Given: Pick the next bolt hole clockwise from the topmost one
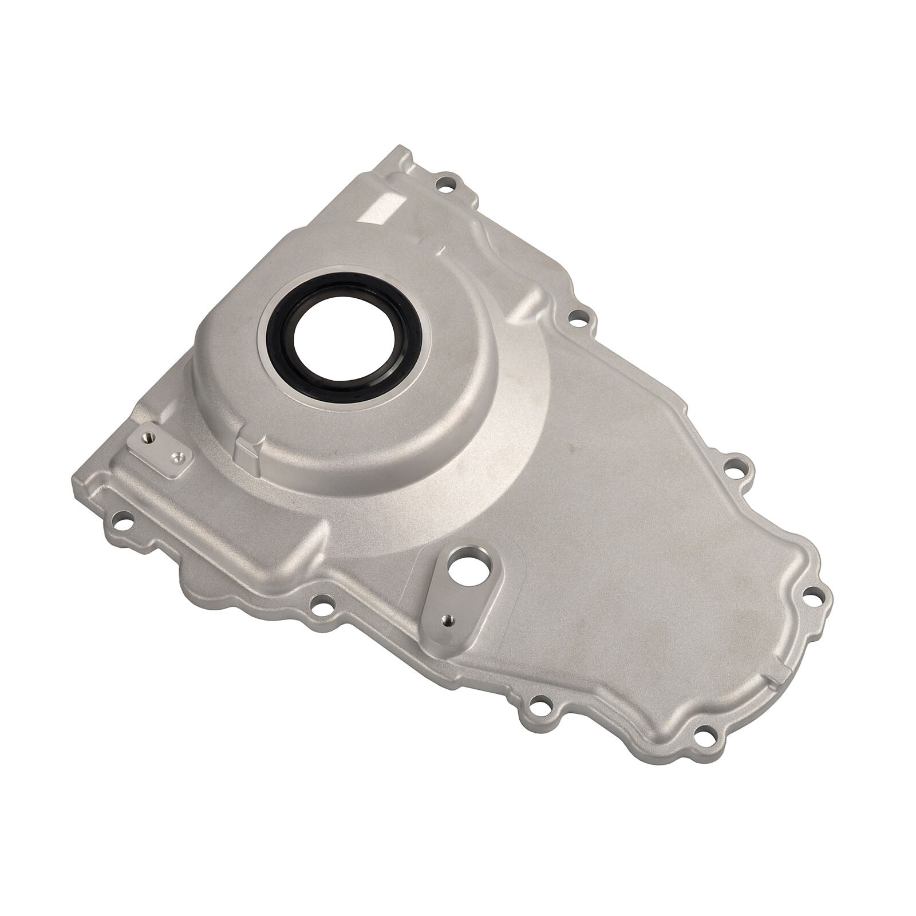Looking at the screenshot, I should [x=578, y=316].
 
